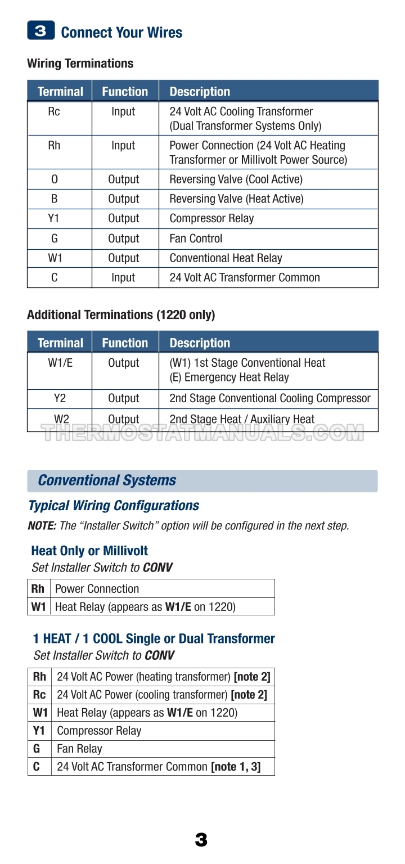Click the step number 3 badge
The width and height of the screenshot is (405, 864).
(40, 31)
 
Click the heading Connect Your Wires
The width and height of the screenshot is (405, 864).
(121, 33)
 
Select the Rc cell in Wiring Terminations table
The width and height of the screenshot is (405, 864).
(54, 111)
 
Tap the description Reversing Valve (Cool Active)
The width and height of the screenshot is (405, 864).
(236, 179)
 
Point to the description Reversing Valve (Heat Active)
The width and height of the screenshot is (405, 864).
(236, 199)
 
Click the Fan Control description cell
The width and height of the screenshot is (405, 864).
(196, 238)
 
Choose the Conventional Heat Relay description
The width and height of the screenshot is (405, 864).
(226, 258)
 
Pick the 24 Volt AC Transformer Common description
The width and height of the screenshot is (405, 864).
(245, 277)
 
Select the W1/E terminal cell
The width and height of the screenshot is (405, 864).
(60, 363)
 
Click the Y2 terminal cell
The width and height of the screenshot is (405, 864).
(60, 398)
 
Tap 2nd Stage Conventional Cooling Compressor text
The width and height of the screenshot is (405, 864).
(270, 398)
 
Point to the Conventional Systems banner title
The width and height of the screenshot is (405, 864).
(107, 480)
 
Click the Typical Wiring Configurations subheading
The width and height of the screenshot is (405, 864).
(114, 506)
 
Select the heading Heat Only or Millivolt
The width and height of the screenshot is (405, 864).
(89, 551)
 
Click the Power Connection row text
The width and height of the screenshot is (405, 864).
(97, 589)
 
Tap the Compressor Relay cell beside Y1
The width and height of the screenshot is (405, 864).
(99, 731)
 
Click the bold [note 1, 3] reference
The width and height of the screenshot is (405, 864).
(236, 767)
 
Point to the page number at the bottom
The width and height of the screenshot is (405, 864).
(201, 840)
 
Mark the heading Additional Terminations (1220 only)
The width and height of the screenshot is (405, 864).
(121, 315)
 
